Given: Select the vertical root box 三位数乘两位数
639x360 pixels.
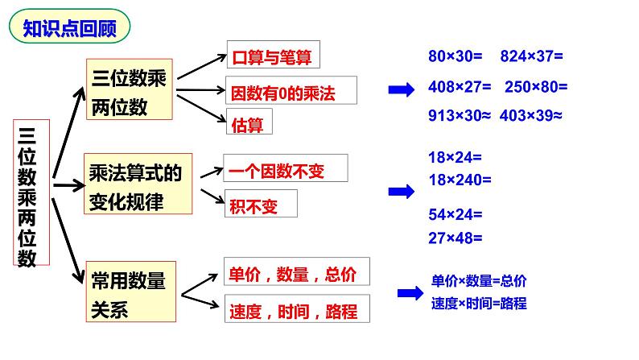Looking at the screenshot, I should tap(31, 193).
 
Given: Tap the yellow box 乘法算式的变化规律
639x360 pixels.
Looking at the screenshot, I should tap(138, 185).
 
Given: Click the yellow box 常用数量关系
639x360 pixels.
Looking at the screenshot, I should tap(130, 295).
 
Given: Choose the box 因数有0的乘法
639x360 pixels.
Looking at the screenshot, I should tap(280, 92).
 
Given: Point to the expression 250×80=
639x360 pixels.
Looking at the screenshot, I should tap(536, 86).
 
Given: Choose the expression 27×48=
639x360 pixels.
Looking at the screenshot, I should tap(456, 238).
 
